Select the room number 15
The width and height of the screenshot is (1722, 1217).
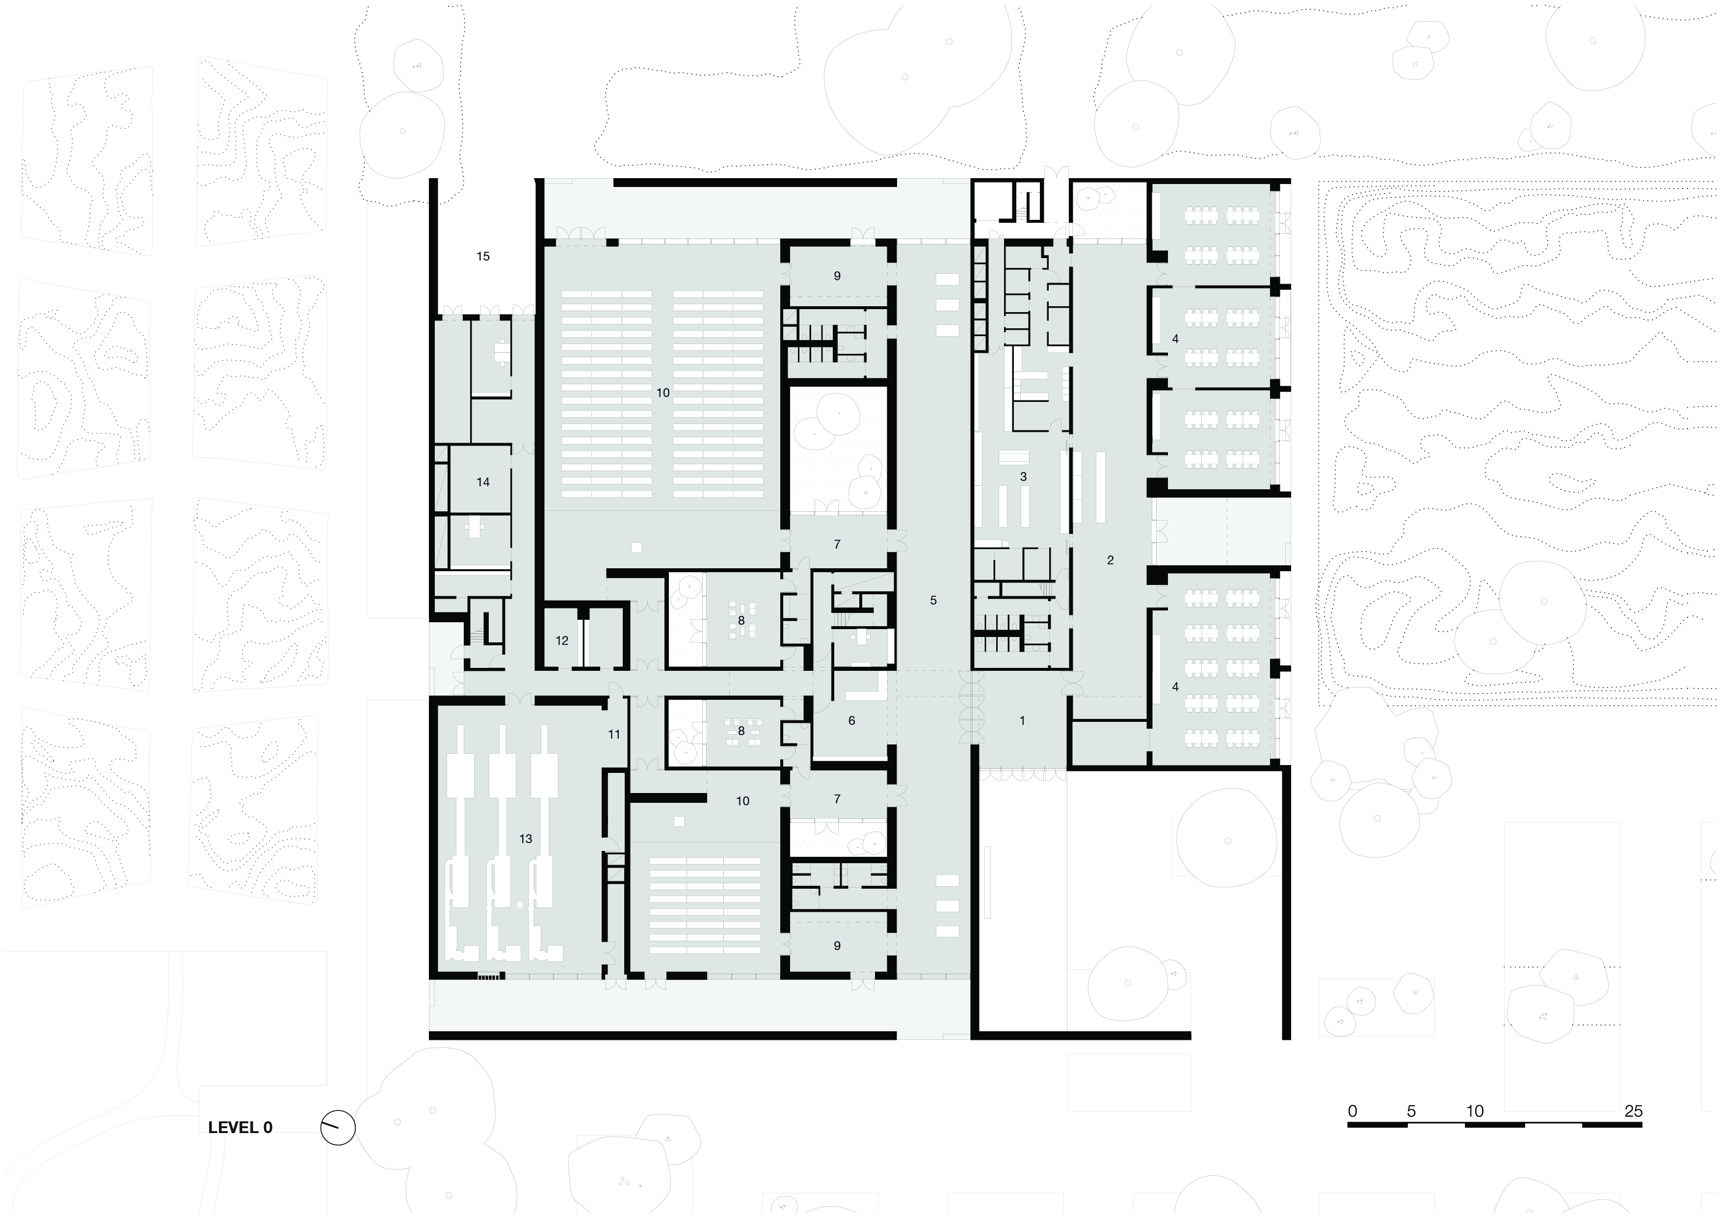(483, 257)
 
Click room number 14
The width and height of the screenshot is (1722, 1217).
(483, 482)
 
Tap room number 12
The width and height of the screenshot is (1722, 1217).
(562, 640)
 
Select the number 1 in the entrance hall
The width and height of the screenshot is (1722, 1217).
(1022, 720)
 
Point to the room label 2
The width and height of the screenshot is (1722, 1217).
(1110, 560)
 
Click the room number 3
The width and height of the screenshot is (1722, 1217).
(1023, 477)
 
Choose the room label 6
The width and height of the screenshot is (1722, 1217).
(851, 720)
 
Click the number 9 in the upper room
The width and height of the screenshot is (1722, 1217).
(837, 276)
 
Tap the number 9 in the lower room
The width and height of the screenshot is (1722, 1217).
(837, 946)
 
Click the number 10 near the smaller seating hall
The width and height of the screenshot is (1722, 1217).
(742, 801)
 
